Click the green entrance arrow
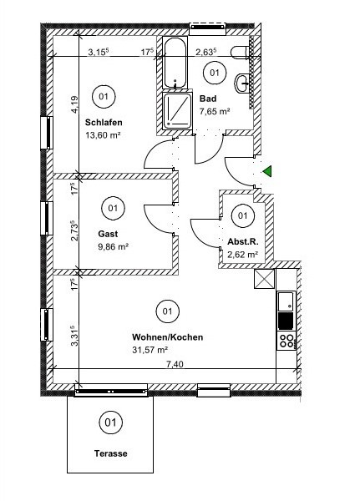coord(268,171)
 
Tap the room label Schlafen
coord(104,123)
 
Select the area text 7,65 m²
coord(215,112)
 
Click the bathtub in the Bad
coord(175,63)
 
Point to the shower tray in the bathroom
coord(177,110)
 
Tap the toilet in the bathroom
coord(240,53)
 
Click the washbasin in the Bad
coord(243,83)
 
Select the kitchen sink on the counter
coord(286,301)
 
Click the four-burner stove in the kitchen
coord(286,341)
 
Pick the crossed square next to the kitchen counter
coord(265,279)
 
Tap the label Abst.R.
coord(243,241)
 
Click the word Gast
coord(108,234)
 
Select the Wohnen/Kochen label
coord(168,337)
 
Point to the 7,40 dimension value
coord(175,364)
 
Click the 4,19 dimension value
coord(74,105)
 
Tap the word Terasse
coord(110,453)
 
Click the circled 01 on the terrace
coord(110,423)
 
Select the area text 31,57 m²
coord(150,350)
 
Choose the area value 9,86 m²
coord(114,247)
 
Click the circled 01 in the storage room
coord(243,215)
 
